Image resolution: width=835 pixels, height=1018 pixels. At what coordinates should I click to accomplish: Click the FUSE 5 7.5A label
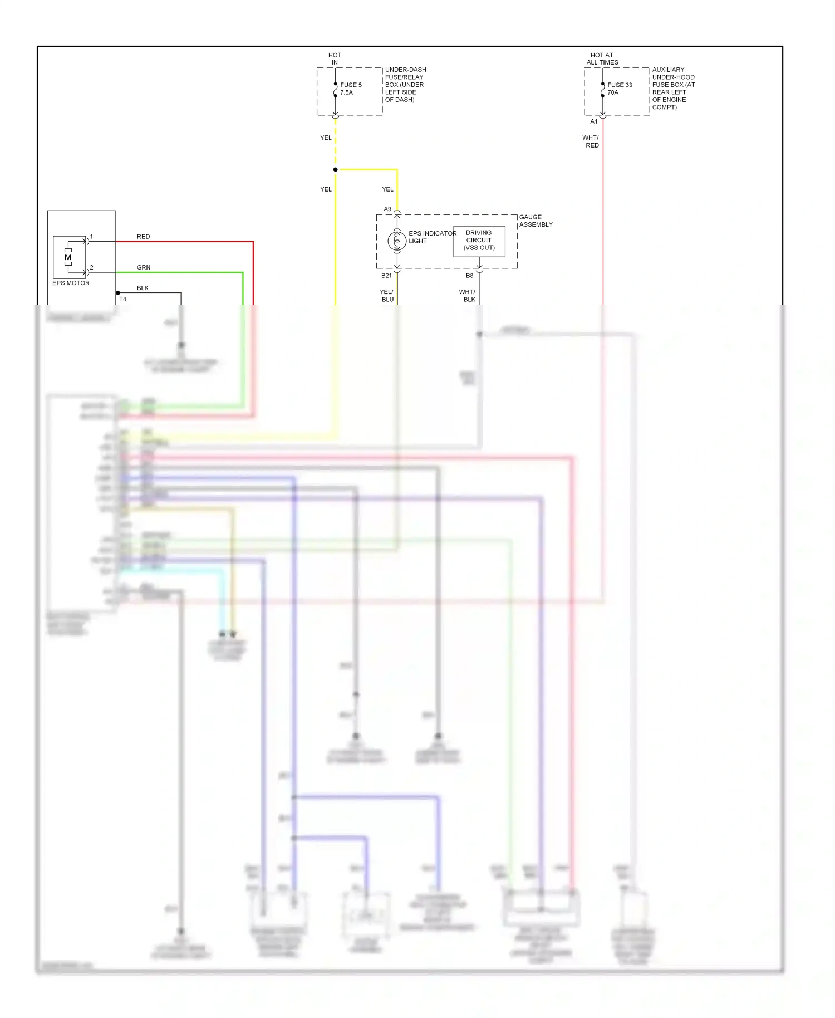point(351,89)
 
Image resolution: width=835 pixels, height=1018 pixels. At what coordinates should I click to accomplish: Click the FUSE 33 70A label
point(619,89)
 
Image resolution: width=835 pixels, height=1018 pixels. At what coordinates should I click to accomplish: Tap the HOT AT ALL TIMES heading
point(602,58)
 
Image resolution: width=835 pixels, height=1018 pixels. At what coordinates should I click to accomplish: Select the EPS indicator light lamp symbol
point(397,241)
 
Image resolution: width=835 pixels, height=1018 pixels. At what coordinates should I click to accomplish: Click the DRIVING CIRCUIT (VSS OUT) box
point(479,241)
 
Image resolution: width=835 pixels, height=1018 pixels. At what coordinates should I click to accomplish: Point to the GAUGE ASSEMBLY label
point(536,221)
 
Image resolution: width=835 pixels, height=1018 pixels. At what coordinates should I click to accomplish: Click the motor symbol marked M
point(68,257)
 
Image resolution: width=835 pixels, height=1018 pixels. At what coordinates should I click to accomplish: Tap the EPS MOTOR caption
point(71,283)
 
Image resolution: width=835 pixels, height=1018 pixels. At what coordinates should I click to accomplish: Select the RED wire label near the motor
point(143,237)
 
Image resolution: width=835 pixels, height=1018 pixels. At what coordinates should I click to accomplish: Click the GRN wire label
point(144,267)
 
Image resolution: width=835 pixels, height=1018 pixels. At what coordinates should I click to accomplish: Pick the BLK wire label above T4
point(143,288)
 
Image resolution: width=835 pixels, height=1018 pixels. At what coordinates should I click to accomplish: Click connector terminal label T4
point(122,299)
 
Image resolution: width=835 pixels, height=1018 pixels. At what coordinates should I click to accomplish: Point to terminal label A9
point(387,209)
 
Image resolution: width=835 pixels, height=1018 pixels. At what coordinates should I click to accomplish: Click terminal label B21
point(386,276)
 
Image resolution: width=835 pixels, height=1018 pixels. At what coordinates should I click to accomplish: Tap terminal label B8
point(469,276)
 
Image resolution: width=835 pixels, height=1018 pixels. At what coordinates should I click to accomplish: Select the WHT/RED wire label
point(591,141)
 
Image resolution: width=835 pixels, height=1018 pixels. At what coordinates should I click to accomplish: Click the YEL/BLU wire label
point(387,295)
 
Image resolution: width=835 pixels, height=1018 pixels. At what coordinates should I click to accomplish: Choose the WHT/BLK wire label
point(468,295)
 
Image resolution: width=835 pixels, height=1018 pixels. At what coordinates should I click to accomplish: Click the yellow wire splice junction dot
point(335,169)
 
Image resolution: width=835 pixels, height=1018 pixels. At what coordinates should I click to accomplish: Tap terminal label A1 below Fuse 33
point(593,121)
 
